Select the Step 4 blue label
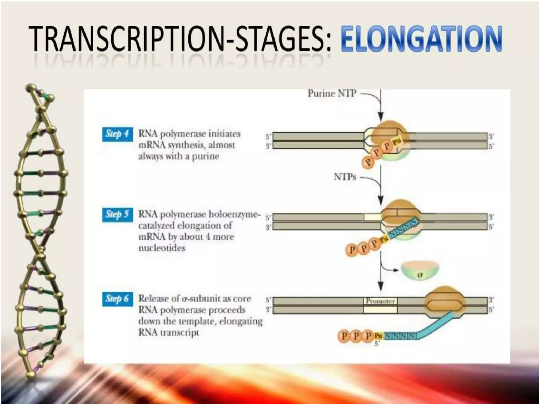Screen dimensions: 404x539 pyautogui.click(x=117, y=134)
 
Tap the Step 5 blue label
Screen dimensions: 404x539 pyautogui.click(x=117, y=215)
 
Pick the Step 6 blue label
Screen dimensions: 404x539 pyautogui.click(x=117, y=299)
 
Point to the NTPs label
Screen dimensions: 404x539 pyautogui.click(x=345, y=177)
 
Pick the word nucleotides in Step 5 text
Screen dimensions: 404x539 pyautogui.click(x=162, y=248)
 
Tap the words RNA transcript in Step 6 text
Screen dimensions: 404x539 pyautogui.click(x=168, y=333)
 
